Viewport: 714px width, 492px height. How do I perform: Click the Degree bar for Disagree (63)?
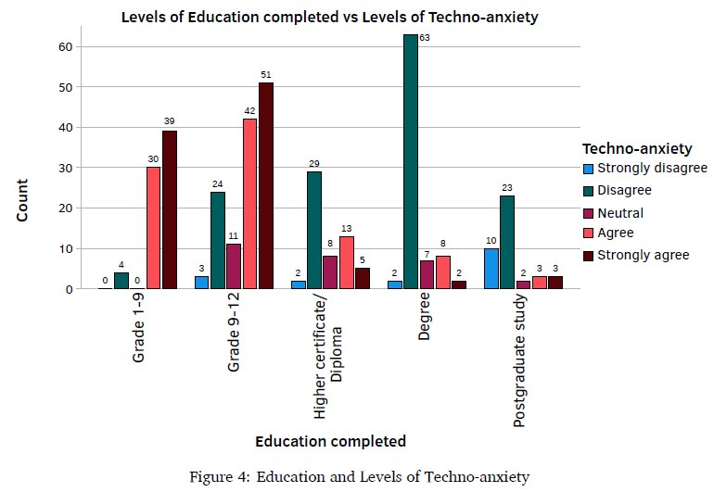411,162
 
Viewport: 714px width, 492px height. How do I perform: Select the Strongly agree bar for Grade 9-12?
266,185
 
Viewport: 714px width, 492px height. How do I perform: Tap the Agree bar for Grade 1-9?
153,228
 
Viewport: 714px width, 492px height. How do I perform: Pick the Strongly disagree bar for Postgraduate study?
491,269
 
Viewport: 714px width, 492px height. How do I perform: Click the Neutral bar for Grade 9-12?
234,266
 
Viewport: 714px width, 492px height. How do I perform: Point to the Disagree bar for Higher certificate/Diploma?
314,230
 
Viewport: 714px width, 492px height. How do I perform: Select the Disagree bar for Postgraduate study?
507,242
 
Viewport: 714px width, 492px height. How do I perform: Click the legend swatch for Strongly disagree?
588,169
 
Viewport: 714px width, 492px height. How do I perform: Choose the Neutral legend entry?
619,212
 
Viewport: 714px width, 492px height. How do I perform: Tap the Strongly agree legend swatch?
588,255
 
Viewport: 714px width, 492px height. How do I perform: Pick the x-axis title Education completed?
330,440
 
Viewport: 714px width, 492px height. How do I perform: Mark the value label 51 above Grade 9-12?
266,75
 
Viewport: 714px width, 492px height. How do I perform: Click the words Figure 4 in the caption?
218,477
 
